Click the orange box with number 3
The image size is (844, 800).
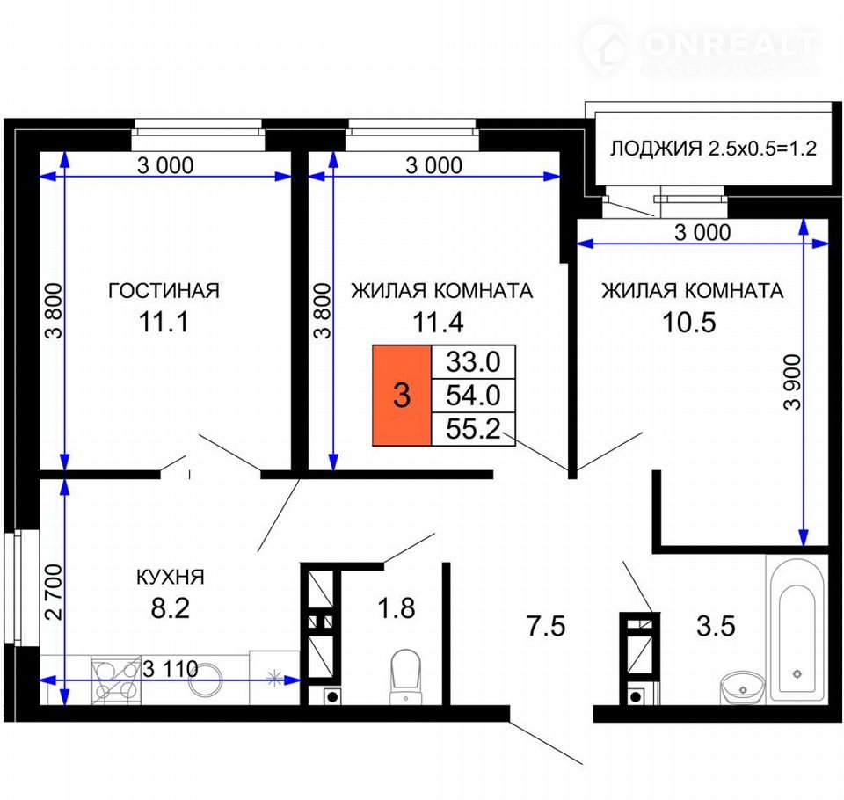coord(402,396)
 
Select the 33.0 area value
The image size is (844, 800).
coord(473,362)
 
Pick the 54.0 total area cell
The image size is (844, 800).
coord(473,395)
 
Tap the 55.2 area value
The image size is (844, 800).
coord(473,429)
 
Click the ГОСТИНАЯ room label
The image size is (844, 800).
coord(164,291)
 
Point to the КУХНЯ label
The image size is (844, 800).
coord(170,577)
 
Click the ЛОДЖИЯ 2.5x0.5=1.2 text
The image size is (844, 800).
coord(713,148)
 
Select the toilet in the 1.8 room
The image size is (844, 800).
coord(405,676)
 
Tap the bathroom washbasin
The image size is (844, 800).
coord(743,687)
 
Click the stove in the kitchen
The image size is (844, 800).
coord(116,680)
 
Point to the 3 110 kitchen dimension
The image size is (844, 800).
coord(170,669)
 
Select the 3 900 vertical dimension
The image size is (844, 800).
coord(792,382)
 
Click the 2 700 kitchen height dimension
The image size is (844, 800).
coord(54,592)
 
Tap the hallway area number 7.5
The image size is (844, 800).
coord(546,627)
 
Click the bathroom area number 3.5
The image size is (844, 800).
coord(716,627)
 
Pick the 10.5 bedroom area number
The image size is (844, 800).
coord(689,323)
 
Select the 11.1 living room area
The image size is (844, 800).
coord(164,323)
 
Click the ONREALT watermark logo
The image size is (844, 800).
coord(700,49)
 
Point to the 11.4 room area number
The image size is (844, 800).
coord(438,323)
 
